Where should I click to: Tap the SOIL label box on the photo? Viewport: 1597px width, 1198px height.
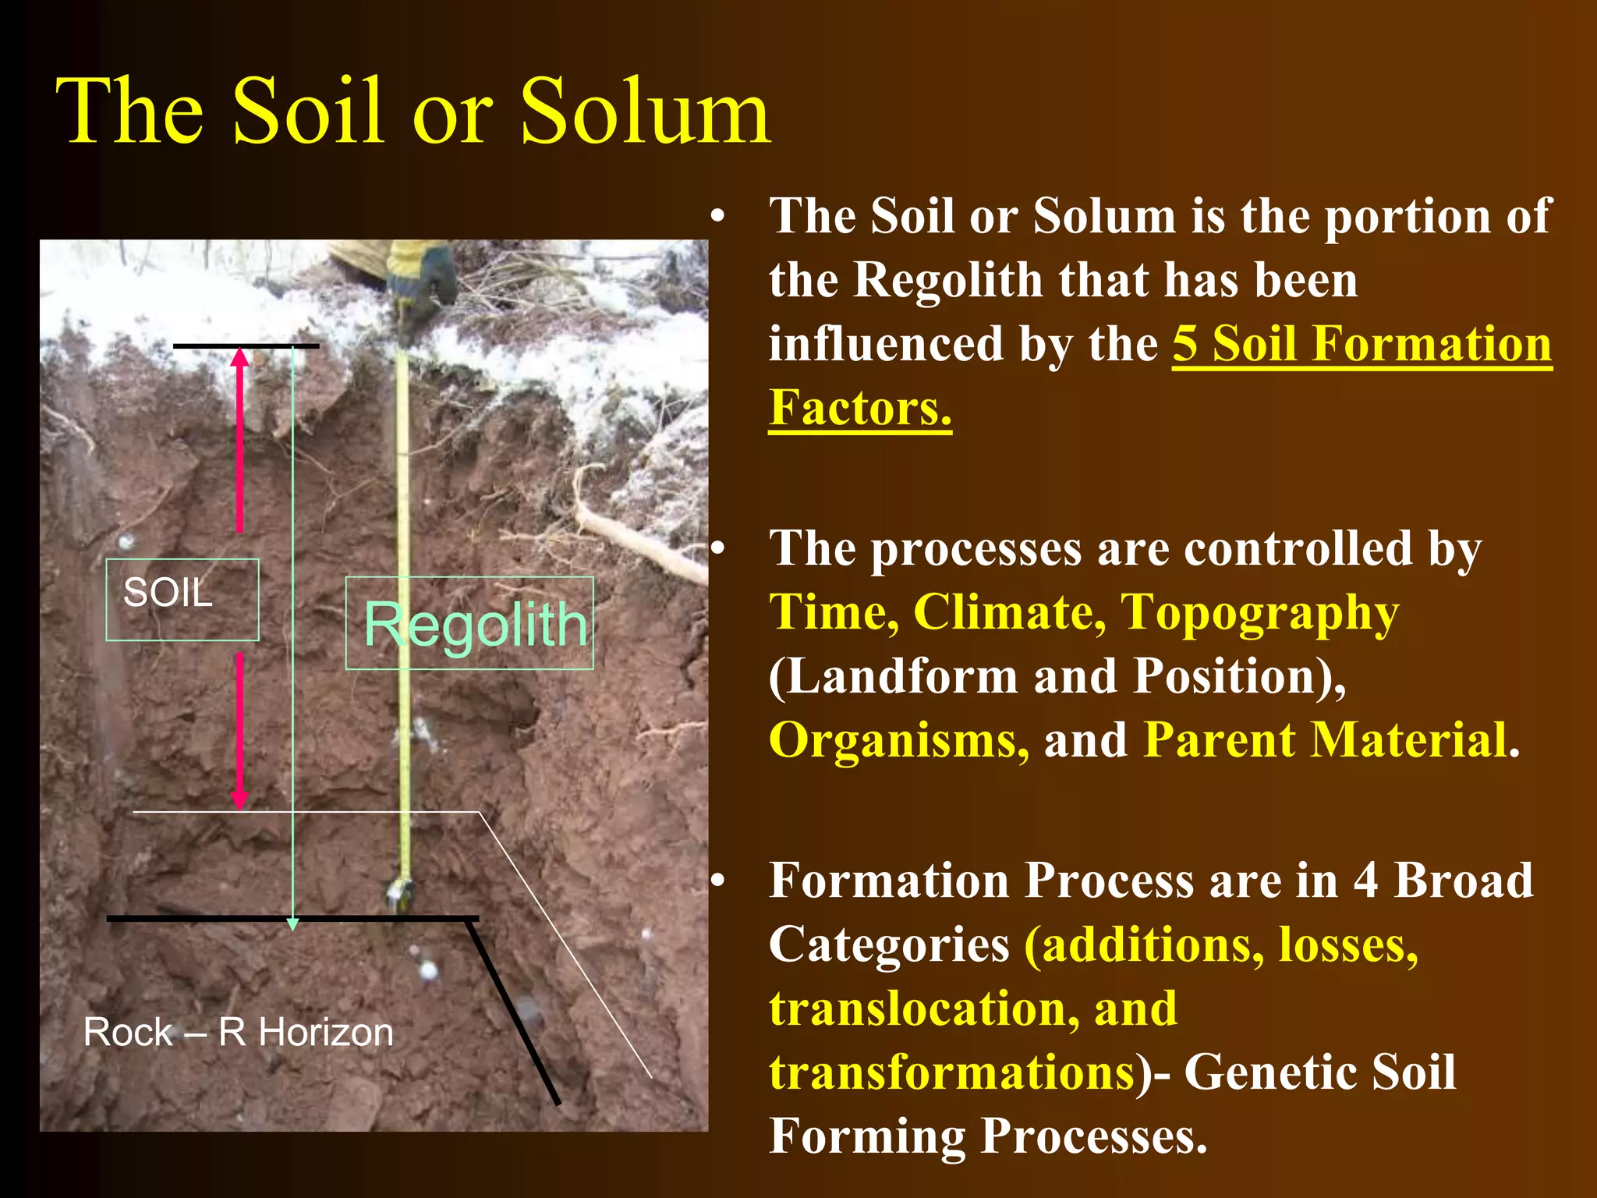pos(182,599)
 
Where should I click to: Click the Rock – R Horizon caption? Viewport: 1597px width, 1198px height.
pos(238,1032)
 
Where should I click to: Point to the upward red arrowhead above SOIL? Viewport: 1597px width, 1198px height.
pos(240,357)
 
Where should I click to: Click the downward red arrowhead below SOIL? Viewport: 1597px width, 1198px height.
pos(240,799)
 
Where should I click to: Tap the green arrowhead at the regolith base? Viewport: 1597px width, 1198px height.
pos(292,924)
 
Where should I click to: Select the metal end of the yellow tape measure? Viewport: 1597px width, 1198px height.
pos(401,894)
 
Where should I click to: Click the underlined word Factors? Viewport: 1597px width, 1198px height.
pos(859,407)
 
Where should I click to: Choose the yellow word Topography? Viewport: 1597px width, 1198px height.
pos(1259,613)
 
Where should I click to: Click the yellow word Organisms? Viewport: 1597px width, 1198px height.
pos(898,739)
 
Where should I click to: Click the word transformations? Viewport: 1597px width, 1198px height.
pos(951,1072)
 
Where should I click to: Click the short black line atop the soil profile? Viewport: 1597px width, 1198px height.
pos(246,346)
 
